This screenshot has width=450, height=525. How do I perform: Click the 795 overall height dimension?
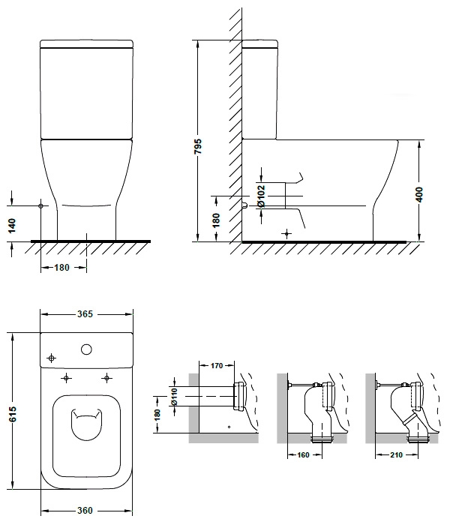198,146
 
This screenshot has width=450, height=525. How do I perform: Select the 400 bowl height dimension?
418,194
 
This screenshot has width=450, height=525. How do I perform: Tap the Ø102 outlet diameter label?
261,196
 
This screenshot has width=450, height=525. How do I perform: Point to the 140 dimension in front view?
12,226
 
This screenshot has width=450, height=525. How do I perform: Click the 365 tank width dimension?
85,314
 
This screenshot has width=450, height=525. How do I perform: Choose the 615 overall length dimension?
12,414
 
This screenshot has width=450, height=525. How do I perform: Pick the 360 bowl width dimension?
85,510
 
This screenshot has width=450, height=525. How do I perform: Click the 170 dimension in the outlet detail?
217,366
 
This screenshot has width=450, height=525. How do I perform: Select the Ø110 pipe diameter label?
175,397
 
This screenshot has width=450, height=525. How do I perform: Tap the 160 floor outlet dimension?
303,454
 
